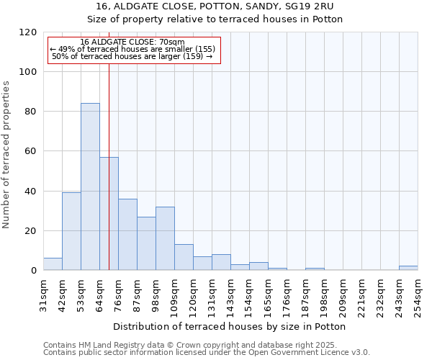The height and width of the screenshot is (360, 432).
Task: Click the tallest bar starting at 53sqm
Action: (x=90, y=186)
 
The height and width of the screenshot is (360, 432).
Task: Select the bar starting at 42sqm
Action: (x=71, y=231)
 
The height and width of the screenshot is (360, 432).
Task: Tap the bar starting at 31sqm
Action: (x=53, y=264)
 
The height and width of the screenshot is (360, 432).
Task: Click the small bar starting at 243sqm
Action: (x=408, y=269)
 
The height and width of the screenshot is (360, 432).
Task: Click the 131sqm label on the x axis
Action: (x=212, y=294)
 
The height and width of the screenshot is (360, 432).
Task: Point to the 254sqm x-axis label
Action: (x=418, y=294)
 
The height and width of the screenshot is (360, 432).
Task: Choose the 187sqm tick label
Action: (x=305, y=294)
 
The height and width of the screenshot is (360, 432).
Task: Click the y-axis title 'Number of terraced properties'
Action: (x=6, y=154)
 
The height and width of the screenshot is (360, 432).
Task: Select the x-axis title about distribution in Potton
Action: (x=230, y=326)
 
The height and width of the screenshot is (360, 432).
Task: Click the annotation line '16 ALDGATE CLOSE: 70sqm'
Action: (x=132, y=42)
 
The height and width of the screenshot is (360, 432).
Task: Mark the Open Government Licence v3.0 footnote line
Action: (x=206, y=352)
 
